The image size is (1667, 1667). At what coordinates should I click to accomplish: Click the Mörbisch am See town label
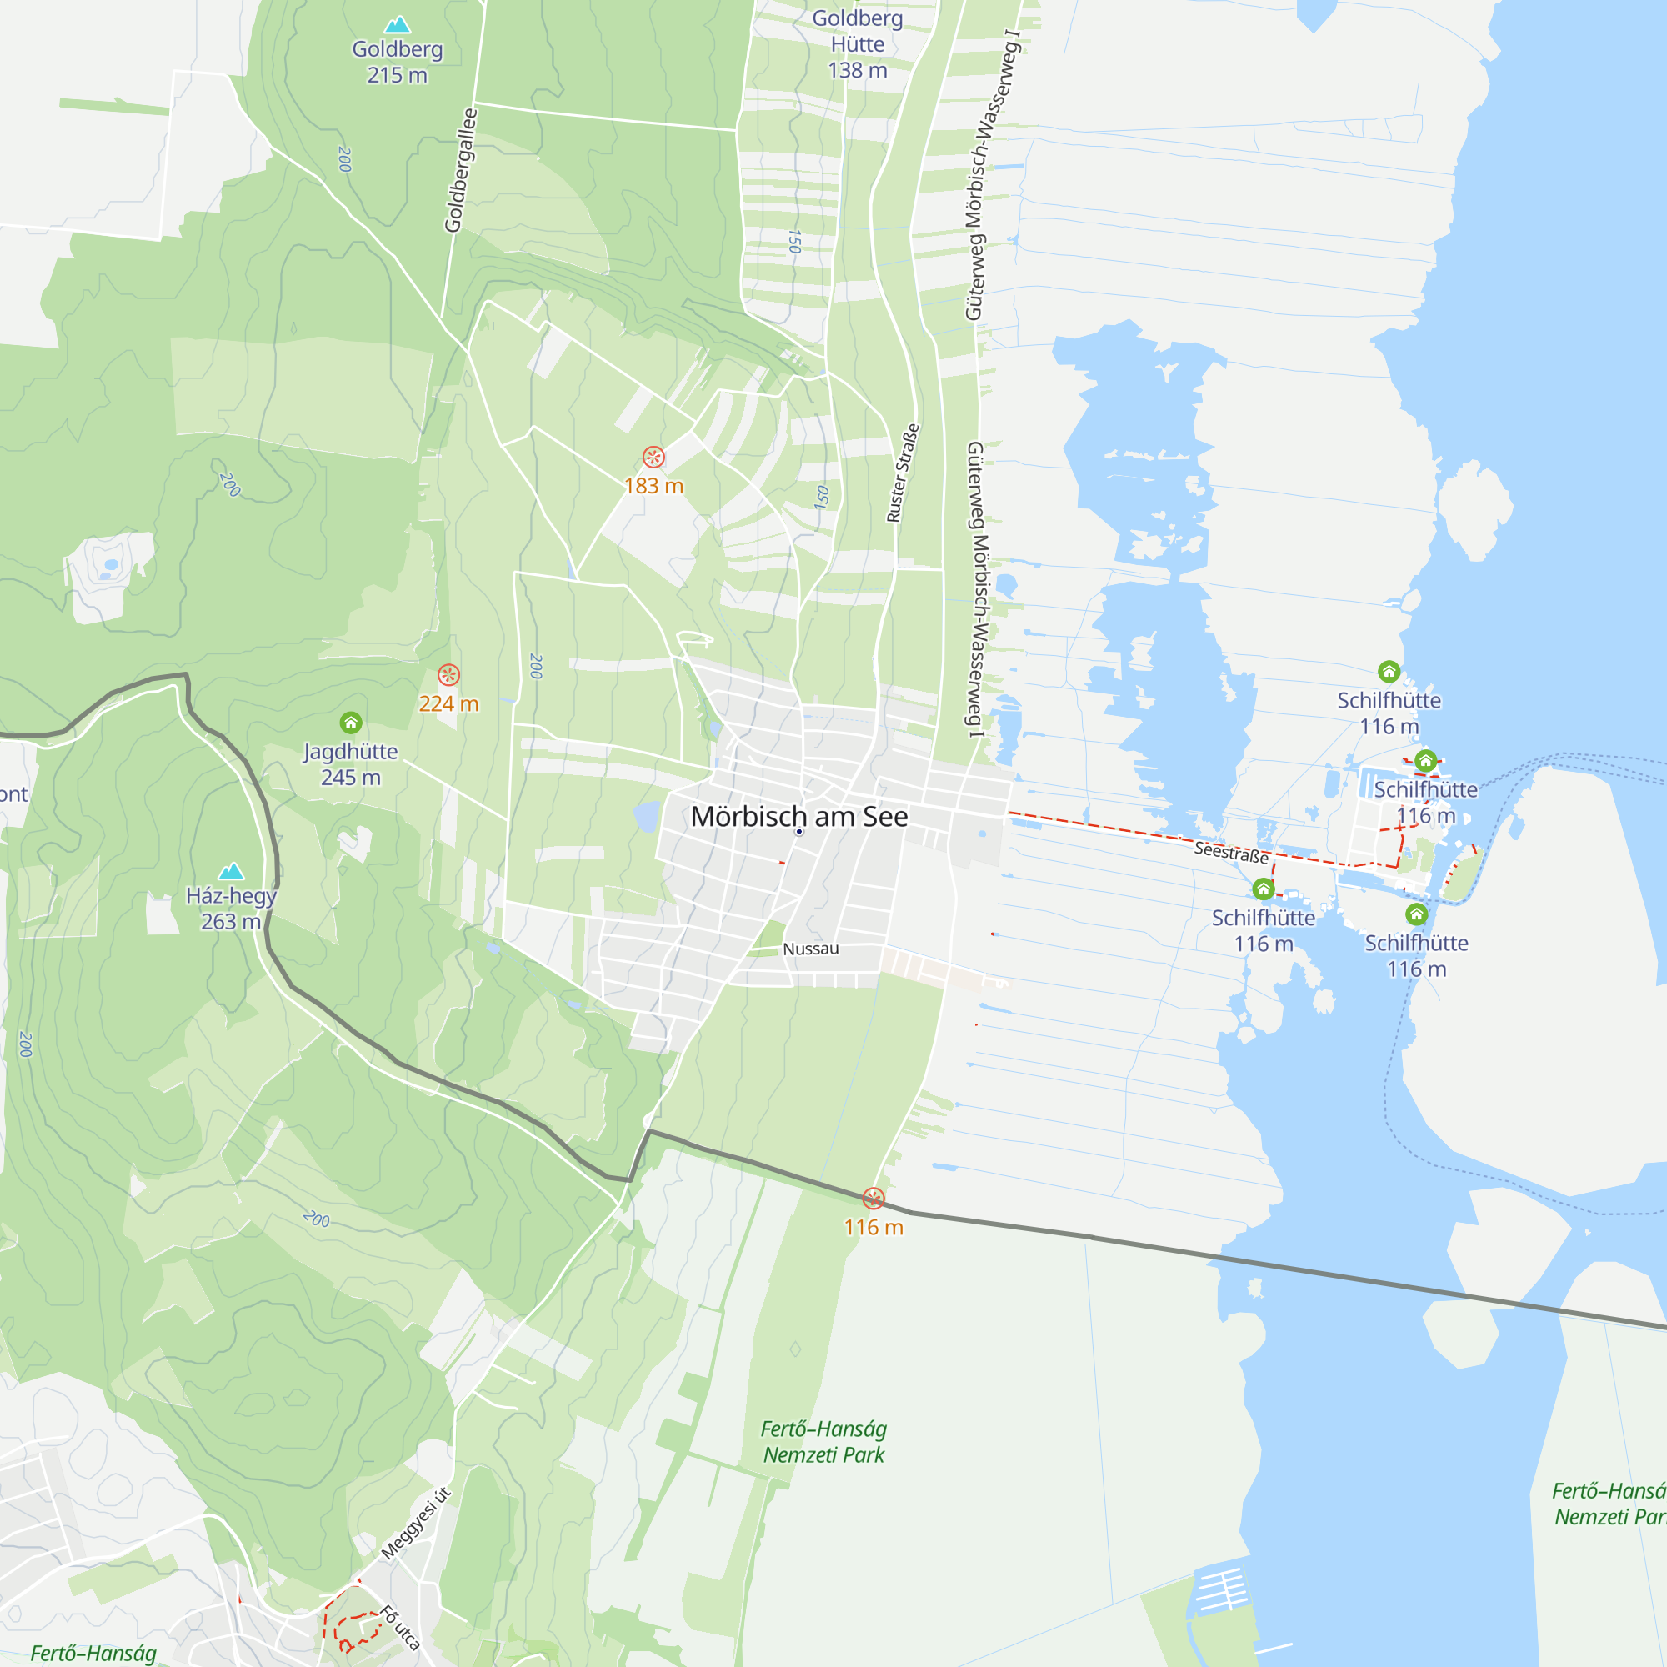[x=799, y=816]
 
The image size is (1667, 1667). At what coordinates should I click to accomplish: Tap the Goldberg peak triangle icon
[x=397, y=24]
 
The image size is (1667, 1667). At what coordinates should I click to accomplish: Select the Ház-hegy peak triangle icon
[x=231, y=871]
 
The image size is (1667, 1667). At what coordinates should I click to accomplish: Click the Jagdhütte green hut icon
[x=350, y=722]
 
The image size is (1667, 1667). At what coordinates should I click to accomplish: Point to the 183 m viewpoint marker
[x=653, y=457]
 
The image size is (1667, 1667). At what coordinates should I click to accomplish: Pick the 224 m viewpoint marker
[x=448, y=675]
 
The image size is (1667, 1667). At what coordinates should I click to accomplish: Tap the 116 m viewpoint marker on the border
[x=874, y=1198]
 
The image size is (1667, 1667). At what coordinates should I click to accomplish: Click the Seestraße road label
[x=1230, y=854]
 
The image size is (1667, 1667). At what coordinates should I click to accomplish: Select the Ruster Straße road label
[x=903, y=473]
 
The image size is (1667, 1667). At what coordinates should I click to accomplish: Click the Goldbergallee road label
[x=460, y=170]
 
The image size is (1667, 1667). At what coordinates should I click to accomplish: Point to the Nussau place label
[x=810, y=949]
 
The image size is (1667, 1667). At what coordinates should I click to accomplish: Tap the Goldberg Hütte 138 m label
[x=857, y=44]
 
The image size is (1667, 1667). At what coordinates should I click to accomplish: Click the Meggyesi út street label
[x=416, y=1524]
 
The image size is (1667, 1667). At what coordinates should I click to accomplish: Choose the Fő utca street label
[x=400, y=1627]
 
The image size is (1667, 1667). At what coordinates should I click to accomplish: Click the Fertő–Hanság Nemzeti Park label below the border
[x=823, y=1442]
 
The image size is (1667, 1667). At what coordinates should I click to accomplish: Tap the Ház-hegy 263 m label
[x=230, y=909]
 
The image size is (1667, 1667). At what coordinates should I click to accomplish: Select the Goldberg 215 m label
[x=397, y=63]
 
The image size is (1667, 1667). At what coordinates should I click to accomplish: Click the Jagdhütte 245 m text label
[x=350, y=764]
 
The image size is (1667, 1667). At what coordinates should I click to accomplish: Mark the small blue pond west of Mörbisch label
[x=645, y=815]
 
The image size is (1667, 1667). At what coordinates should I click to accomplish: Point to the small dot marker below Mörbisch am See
[x=799, y=832]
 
